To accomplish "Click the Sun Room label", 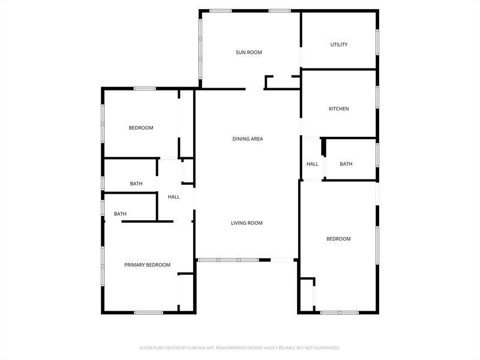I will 248,52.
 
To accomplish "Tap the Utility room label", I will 339,44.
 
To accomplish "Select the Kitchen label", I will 338,109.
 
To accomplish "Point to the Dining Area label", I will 248,139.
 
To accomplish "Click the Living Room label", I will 247,223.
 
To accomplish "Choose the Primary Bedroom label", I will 147,265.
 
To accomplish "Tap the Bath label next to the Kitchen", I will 346,164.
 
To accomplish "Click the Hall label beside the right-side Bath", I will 313,164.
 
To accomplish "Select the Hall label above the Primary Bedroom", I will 174,197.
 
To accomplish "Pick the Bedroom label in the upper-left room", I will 141,128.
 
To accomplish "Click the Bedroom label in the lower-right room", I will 338,239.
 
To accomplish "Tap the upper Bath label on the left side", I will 136,184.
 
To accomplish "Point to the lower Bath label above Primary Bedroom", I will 121,214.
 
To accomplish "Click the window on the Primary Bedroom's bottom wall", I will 148,312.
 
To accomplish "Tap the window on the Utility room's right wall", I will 377,42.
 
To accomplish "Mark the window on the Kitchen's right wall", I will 377,97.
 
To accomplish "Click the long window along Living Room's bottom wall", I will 228,260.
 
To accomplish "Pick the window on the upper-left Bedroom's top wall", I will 145,89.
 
